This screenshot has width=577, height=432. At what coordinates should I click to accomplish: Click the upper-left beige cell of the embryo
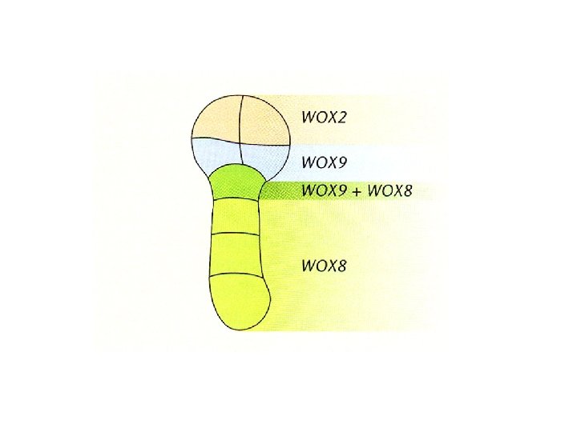click(215, 118)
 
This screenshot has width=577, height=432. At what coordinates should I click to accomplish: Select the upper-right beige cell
click(264, 118)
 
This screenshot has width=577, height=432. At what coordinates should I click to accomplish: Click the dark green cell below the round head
click(239, 182)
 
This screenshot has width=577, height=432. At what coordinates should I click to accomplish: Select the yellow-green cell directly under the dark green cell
click(239, 214)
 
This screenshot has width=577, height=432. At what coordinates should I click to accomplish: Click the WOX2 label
click(325, 118)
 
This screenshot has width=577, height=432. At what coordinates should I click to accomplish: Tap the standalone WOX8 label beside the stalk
click(325, 266)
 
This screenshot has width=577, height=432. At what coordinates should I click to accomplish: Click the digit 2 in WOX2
click(344, 118)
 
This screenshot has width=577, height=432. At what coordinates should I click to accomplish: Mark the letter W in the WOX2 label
click(309, 118)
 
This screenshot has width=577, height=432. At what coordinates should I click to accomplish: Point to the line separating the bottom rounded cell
click(239, 274)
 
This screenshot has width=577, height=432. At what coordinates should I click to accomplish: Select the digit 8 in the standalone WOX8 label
click(344, 266)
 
